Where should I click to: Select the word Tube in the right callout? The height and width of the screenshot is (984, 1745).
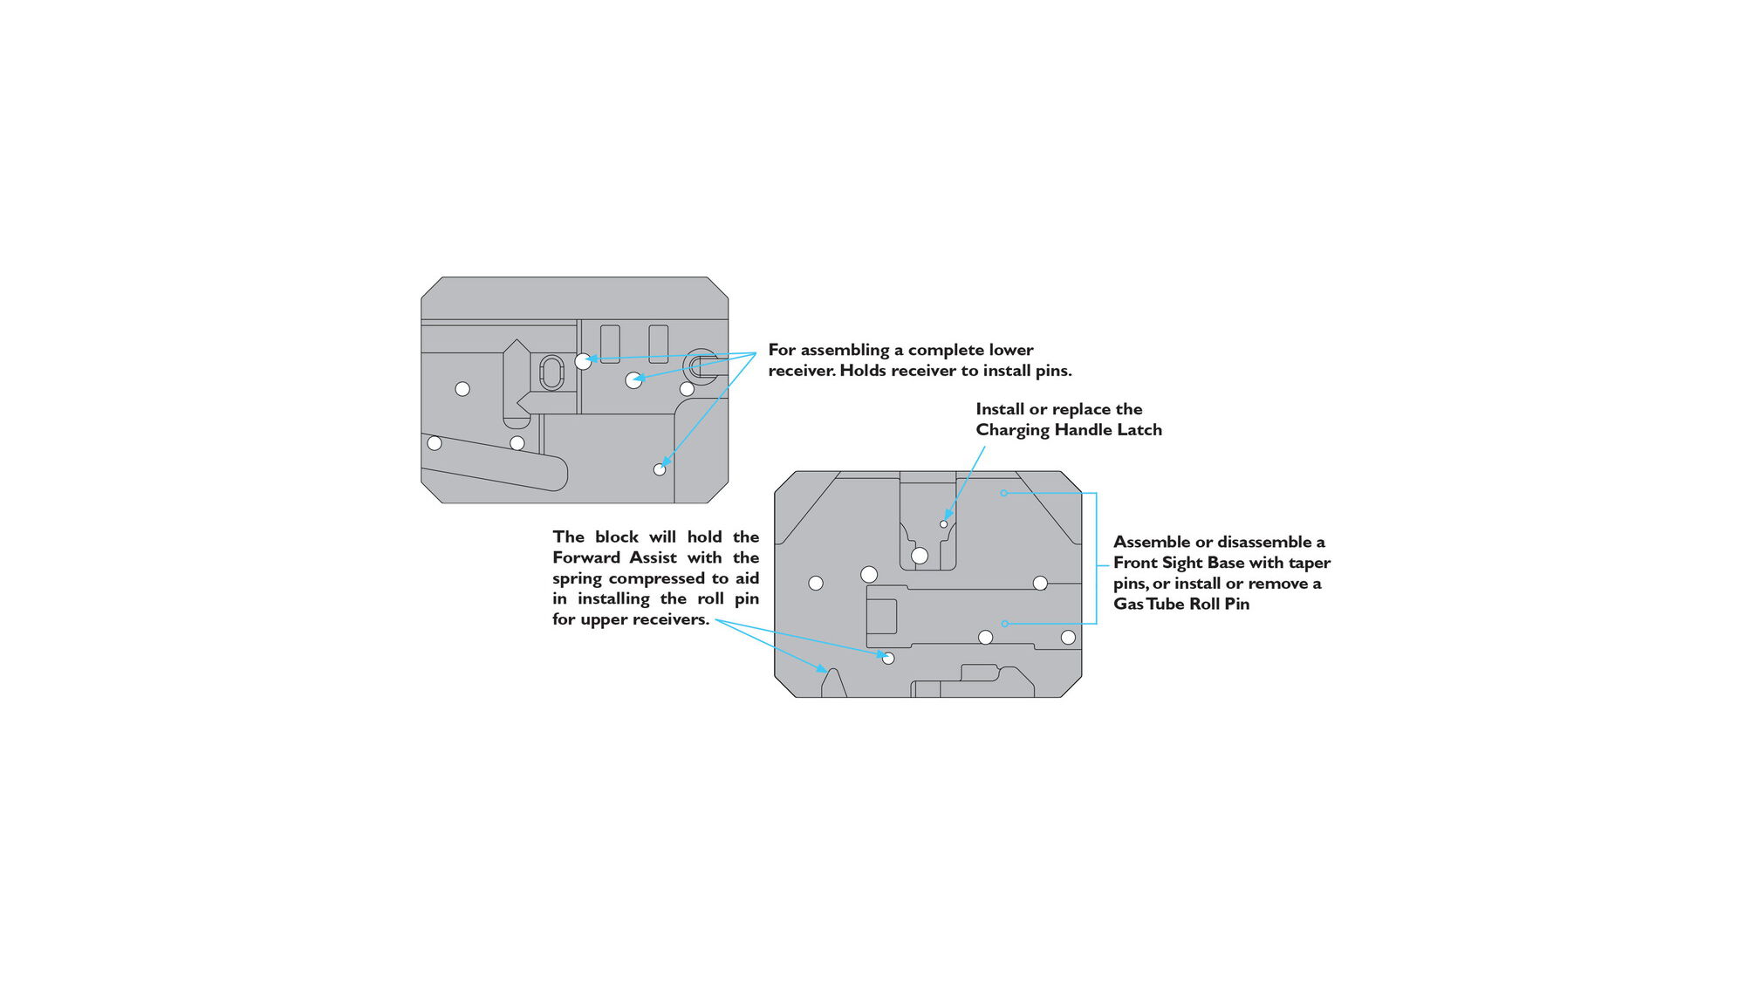pyautogui.click(x=1165, y=604)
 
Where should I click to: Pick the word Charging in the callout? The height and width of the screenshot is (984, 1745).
pyautogui.click(x=1012, y=430)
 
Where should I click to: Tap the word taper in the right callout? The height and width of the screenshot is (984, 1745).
pyautogui.click(x=1310, y=563)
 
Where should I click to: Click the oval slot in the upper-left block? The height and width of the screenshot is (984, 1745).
pyautogui.click(x=552, y=373)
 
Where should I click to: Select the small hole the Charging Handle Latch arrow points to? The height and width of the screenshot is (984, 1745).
pyautogui.click(x=943, y=524)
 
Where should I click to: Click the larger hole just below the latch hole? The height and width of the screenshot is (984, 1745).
pyautogui.click(x=920, y=556)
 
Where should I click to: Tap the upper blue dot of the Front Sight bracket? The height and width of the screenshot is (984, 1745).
pyautogui.click(x=1004, y=494)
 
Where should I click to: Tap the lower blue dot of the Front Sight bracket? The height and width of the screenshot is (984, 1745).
pyautogui.click(x=1005, y=624)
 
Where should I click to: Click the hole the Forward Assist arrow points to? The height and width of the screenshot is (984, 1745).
pyautogui.click(x=888, y=658)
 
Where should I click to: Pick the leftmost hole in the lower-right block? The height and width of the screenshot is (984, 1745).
pyautogui.click(x=816, y=583)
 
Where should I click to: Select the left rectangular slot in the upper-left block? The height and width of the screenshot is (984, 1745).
pyautogui.click(x=610, y=344)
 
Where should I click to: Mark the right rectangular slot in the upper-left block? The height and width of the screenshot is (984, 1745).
pyautogui.click(x=659, y=344)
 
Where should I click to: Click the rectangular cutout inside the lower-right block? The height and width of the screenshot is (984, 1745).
pyautogui.click(x=881, y=616)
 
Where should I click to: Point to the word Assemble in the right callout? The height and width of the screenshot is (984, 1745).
pyautogui.click(x=1152, y=542)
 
